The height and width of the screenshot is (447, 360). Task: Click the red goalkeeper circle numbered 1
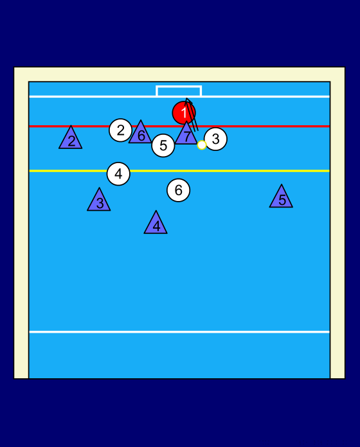[x=184, y=113]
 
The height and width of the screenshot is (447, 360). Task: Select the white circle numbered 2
[x=121, y=130]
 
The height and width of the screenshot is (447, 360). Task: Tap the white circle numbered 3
[x=215, y=139]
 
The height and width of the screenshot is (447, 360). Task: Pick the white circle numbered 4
[x=118, y=174]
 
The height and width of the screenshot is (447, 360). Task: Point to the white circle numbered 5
[x=163, y=145]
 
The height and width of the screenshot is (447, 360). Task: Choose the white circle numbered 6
[x=178, y=190]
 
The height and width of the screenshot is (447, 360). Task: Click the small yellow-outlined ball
[x=202, y=145]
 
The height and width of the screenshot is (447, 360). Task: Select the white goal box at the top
[x=179, y=86]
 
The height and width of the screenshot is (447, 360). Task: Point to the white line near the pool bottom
[x=179, y=332]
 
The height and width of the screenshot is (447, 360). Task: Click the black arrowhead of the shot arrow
[x=188, y=101]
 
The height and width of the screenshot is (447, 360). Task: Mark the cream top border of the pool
[x=179, y=74]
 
